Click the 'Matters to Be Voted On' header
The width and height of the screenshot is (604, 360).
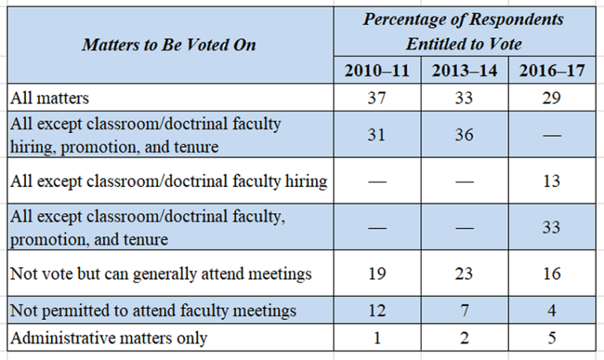tap(168, 44)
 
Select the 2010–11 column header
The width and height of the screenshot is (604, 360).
tap(377, 70)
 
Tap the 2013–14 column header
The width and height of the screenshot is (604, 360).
tap(465, 70)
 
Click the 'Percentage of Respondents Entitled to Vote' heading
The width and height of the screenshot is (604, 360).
tap(464, 31)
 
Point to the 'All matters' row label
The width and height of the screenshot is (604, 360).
tap(49, 98)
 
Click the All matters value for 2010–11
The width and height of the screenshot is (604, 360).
tap(377, 98)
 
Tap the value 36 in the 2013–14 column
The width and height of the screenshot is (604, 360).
tap(465, 134)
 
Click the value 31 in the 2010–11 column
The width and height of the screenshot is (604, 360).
tap(377, 134)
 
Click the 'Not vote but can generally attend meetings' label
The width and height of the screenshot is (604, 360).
tap(160, 274)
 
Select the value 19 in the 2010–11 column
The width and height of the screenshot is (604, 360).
tap(377, 274)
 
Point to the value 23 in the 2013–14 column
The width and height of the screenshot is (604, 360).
tap(465, 274)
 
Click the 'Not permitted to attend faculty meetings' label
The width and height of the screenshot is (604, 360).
tap(153, 310)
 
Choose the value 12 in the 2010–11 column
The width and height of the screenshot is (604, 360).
tap(377, 310)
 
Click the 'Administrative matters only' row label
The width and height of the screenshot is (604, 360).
tap(108, 339)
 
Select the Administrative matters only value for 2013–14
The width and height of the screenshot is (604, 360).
tap(465, 339)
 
